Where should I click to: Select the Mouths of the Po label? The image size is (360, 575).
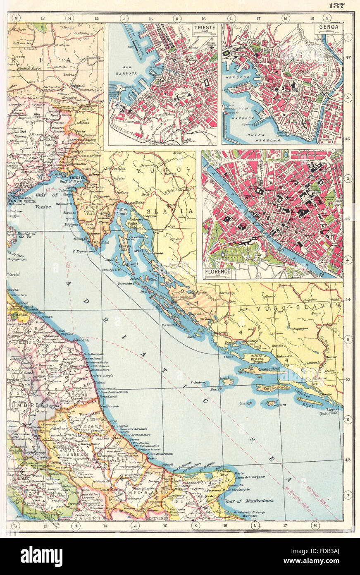click(27, 235)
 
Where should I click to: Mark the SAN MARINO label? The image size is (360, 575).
click(17, 314)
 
